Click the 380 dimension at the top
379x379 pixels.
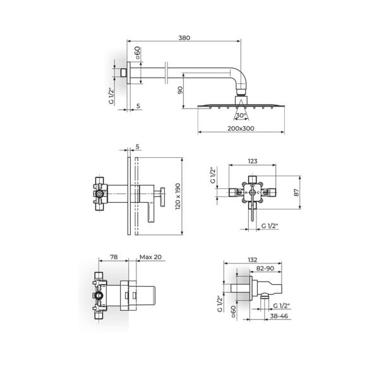click(x=184, y=37)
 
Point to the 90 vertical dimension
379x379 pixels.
click(x=181, y=90)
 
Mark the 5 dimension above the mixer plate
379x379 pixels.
click(x=137, y=147)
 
